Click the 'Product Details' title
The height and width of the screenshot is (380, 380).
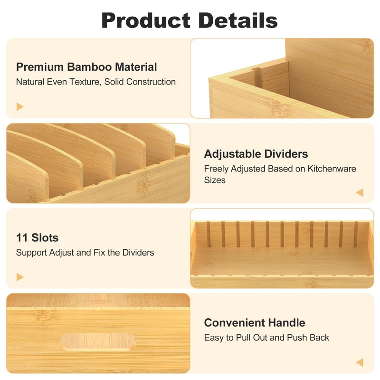click(190, 20)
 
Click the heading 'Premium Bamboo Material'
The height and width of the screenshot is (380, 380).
click(86, 67)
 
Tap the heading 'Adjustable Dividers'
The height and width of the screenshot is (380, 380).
click(256, 154)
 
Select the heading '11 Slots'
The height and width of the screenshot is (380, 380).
click(38, 237)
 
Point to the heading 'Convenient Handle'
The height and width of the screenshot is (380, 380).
click(255, 323)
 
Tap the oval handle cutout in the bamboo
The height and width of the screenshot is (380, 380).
click(98, 341)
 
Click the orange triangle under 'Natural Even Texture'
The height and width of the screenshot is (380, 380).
click(20, 106)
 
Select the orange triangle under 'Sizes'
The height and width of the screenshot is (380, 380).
click(360, 192)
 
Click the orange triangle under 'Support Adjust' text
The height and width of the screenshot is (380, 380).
click(20, 276)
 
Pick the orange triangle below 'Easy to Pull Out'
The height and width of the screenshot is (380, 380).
click(360, 362)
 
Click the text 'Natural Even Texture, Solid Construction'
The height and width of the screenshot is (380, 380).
click(96, 82)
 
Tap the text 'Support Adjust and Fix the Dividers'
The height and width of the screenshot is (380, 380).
click(85, 253)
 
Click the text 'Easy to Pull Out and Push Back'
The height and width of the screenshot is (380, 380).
click(266, 338)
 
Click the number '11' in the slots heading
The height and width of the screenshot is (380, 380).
click(21, 237)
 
